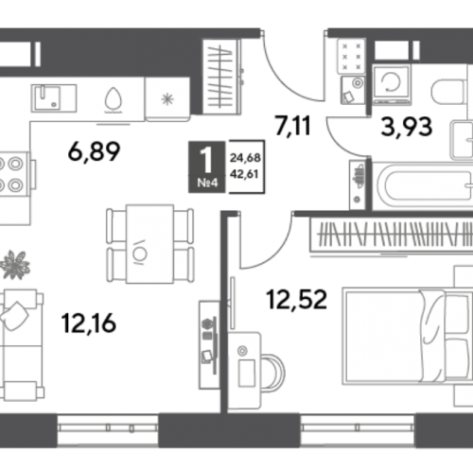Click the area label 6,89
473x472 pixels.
[x=94, y=151]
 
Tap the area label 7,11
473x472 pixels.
[x=293, y=126]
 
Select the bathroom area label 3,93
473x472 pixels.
[x=407, y=127]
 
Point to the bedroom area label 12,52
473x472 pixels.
[x=296, y=299]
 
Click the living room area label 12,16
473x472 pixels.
[x=89, y=323]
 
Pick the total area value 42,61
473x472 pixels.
[x=244, y=174]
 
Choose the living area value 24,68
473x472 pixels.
[x=245, y=158]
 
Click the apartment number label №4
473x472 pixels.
[x=207, y=183]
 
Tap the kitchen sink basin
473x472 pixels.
[x=47, y=97]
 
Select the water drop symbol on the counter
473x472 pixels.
[x=113, y=100]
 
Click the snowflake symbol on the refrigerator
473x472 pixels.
[x=167, y=99]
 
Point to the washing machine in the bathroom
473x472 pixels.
[x=392, y=84]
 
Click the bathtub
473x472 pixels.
[x=423, y=185]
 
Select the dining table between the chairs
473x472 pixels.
[x=149, y=244]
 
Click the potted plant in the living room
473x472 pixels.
[x=15, y=265]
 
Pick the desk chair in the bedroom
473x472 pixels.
[x=273, y=373]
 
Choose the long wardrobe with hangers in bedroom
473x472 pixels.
[x=392, y=235]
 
